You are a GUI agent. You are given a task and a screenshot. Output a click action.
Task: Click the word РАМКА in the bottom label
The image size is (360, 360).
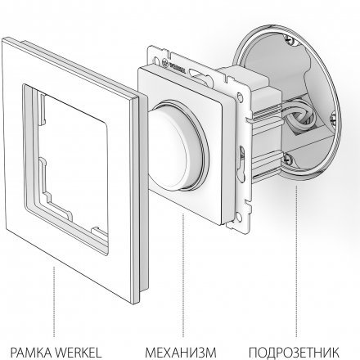32,352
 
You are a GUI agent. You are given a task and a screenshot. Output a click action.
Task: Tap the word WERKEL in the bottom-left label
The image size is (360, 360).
79,352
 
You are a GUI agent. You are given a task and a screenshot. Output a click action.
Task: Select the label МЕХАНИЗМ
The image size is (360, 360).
181,352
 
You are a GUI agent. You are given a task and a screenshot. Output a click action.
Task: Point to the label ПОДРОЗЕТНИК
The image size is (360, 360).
294,352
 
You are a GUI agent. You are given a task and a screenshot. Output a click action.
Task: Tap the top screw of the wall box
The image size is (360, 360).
290,40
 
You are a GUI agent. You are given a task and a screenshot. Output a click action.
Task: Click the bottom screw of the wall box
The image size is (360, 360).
288,159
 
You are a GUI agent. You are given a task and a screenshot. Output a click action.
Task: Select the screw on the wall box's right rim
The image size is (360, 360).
333,120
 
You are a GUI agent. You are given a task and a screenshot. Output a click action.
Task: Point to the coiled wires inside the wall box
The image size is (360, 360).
301,115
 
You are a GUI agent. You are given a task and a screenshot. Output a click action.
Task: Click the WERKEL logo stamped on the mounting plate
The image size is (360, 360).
174,66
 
